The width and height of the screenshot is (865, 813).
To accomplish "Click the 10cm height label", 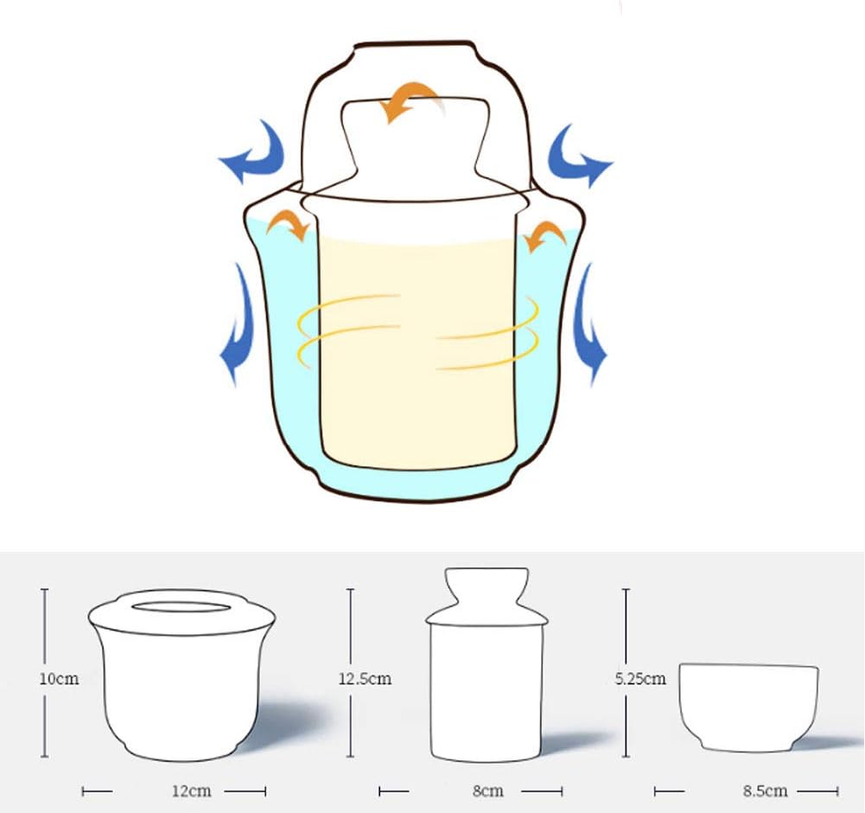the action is [59, 678].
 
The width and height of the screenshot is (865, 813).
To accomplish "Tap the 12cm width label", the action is [192, 791].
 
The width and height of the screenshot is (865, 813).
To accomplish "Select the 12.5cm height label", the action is [365, 678].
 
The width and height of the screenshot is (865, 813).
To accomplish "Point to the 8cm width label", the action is [488, 791].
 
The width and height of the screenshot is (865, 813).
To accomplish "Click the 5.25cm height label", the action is [640, 678].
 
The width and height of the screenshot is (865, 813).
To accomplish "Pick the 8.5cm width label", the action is [765, 791].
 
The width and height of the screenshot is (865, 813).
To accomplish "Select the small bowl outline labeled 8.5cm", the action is [748, 707].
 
